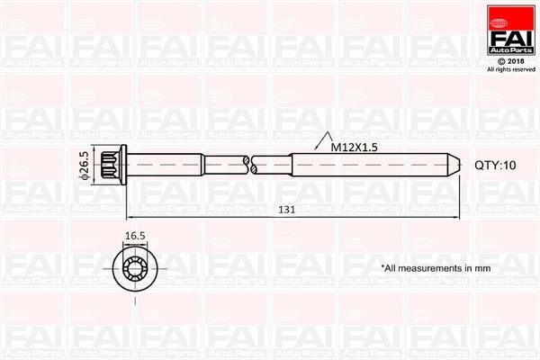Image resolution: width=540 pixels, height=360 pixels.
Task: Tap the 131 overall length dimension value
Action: coord(286,209)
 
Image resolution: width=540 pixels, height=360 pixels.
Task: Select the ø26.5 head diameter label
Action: coord(84,166)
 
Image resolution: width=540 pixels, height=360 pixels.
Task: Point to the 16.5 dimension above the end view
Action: coord(135,236)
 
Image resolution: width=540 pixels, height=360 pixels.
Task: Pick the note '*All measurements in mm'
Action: coord(435,268)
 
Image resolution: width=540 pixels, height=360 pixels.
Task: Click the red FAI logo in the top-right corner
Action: coord(509,33)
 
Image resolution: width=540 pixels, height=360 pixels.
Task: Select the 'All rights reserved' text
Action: coord(510,69)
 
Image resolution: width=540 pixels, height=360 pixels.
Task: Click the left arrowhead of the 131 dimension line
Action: coord(129,217)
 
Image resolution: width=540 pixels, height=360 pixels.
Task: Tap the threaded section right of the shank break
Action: coord(360,165)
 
